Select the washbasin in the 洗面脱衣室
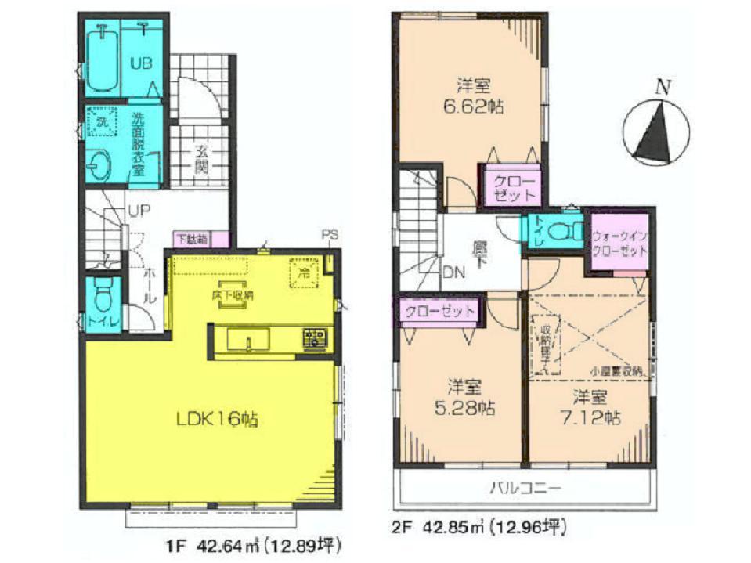coord(100,164)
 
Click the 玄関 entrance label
coord(202,160)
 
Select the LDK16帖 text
coord(215,419)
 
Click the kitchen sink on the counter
coord(248,341)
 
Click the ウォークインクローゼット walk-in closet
coord(619,243)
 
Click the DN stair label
coord(429,272)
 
